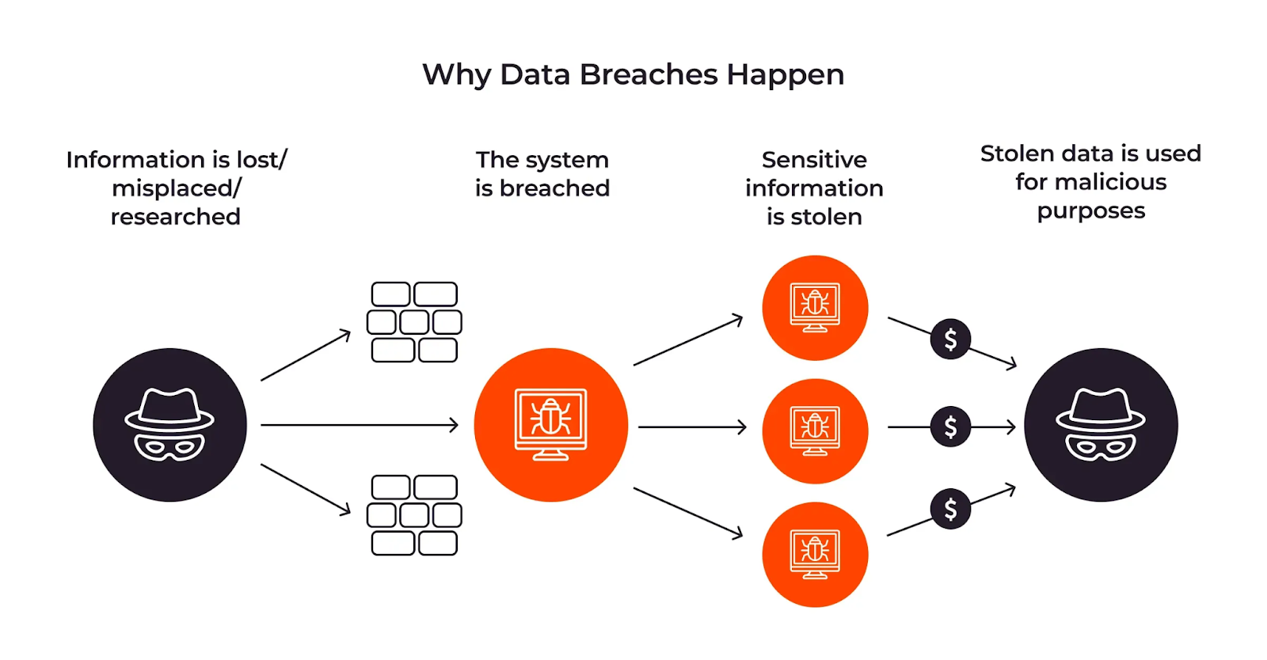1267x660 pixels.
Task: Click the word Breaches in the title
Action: pos(648,74)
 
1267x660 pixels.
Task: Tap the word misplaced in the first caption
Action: pos(173,188)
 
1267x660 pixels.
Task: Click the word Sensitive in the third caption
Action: pos(814,160)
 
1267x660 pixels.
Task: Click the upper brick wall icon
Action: pos(414,322)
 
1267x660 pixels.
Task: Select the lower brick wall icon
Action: pos(414,515)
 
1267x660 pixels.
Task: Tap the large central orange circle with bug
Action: pos(551,425)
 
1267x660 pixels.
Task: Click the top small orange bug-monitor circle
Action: pos(815,308)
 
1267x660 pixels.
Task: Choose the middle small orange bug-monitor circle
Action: pos(815,431)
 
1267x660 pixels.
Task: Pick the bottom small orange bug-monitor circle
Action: pos(815,555)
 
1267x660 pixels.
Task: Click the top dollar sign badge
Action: pos(950,339)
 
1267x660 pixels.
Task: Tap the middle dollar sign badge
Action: pos(950,427)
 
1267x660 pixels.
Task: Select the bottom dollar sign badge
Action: pos(950,509)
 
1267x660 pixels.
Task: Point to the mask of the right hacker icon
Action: pos(1101,448)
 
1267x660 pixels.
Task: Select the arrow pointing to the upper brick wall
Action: pos(306,356)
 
